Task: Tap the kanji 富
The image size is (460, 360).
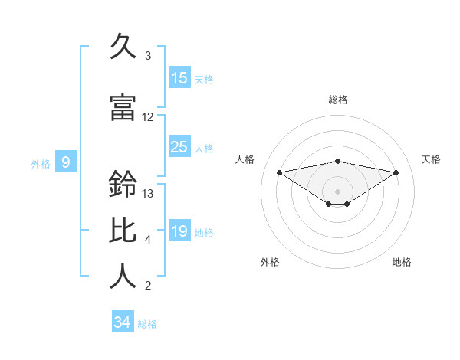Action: click(124, 109)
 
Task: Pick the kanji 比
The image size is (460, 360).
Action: click(124, 231)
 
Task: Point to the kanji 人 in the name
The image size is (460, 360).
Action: click(124, 277)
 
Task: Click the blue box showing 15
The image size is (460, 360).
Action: click(179, 78)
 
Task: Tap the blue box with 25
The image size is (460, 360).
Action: click(179, 147)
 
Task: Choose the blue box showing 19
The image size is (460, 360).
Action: click(179, 231)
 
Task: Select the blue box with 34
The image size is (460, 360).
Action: click(123, 322)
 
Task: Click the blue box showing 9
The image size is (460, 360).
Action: click(66, 162)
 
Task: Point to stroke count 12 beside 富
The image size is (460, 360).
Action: click(148, 117)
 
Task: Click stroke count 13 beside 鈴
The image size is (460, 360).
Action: click(148, 193)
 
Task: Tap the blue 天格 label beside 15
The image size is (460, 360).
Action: click(204, 79)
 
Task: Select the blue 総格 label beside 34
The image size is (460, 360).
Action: click(147, 324)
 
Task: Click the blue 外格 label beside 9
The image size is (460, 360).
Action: click(41, 163)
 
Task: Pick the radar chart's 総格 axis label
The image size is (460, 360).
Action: click(337, 100)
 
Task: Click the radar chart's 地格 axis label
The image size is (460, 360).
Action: click(402, 262)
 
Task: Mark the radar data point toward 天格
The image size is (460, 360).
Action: click(396, 172)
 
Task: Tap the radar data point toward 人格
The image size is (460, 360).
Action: click(279, 172)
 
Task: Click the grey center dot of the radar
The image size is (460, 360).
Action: click(337, 191)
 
